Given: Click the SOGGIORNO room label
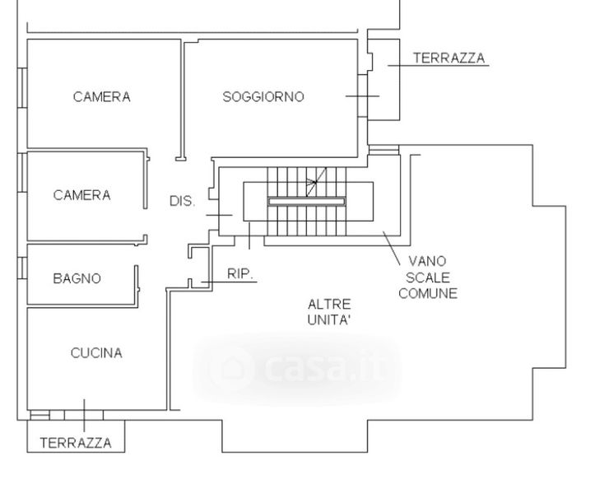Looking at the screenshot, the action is click(x=263, y=97).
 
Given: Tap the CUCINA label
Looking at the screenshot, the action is click(x=96, y=353).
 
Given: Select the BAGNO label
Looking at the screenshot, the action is click(x=77, y=279).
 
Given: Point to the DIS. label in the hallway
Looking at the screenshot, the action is click(x=182, y=201).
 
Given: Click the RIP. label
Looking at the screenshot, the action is click(x=240, y=273).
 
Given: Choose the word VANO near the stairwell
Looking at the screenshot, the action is click(x=427, y=261).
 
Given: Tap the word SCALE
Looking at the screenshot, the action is click(x=428, y=277).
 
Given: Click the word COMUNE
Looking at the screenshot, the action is click(x=428, y=293).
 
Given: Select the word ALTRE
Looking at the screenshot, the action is click(x=329, y=304).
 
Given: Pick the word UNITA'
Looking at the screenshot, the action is click(x=328, y=320).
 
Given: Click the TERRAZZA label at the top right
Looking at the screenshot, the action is click(x=449, y=58).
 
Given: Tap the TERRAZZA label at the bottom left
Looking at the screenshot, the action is click(x=76, y=443).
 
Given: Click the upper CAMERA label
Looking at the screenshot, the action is click(x=102, y=97).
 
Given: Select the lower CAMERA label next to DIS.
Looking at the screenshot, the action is click(x=82, y=195).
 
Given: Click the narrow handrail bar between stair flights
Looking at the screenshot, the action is click(x=307, y=202).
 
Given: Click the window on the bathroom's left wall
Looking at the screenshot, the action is click(x=22, y=268).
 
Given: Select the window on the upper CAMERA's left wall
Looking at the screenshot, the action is click(x=22, y=88).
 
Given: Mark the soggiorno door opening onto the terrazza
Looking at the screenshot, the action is click(x=363, y=96).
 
